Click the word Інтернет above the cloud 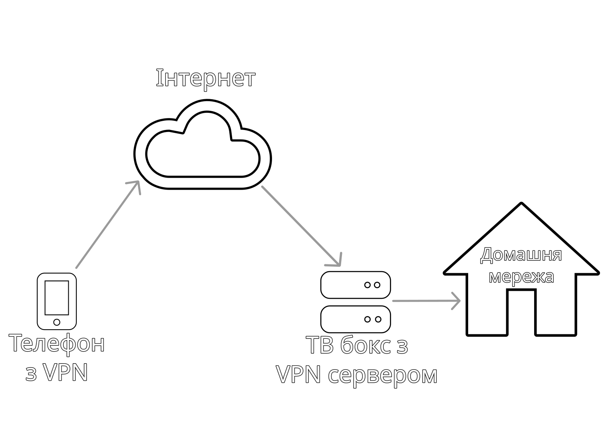tap(205, 78)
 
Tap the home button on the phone tap(57, 322)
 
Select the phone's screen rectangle tap(57, 298)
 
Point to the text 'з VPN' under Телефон tap(56, 373)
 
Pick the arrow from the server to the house tap(425, 300)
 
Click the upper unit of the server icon tap(355, 285)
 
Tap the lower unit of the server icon tap(355, 319)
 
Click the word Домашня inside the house tap(521, 255)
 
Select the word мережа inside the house tap(521, 277)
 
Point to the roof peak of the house tap(521, 204)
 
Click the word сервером tap(382, 375)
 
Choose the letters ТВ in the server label tap(320, 345)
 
